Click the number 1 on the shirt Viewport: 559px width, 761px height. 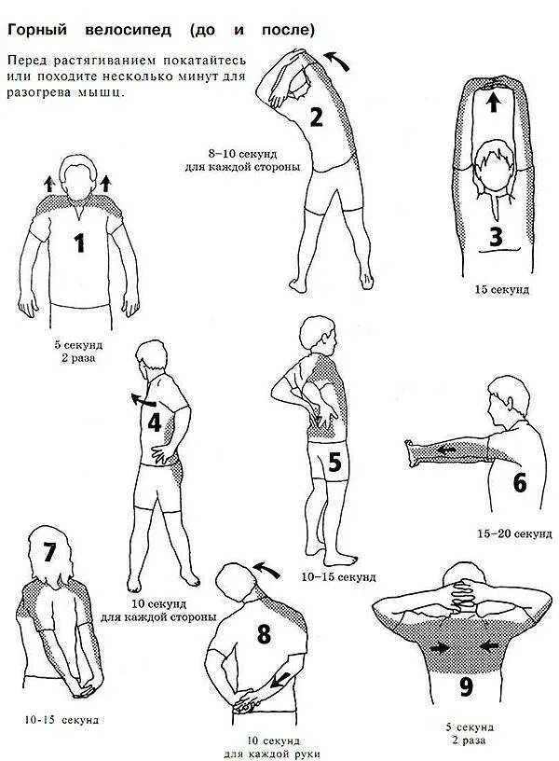pyautogui.click(x=80, y=243)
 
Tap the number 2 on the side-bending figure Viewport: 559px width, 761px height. pyautogui.click(x=316, y=118)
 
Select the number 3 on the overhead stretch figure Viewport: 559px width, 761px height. pyautogui.click(x=496, y=237)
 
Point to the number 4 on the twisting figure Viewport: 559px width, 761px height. pyautogui.click(x=155, y=422)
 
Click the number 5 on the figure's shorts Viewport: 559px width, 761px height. pyautogui.click(x=334, y=463)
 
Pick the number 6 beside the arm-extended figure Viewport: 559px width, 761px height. pyautogui.click(x=520, y=483)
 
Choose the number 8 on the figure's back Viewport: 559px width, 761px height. pyautogui.click(x=264, y=635)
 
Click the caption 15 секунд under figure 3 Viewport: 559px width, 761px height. pyautogui.click(x=501, y=290)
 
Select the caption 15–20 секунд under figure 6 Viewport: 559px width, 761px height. pyautogui.click(x=514, y=534)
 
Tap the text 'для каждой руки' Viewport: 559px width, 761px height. pyautogui.click(x=266, y=753)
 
